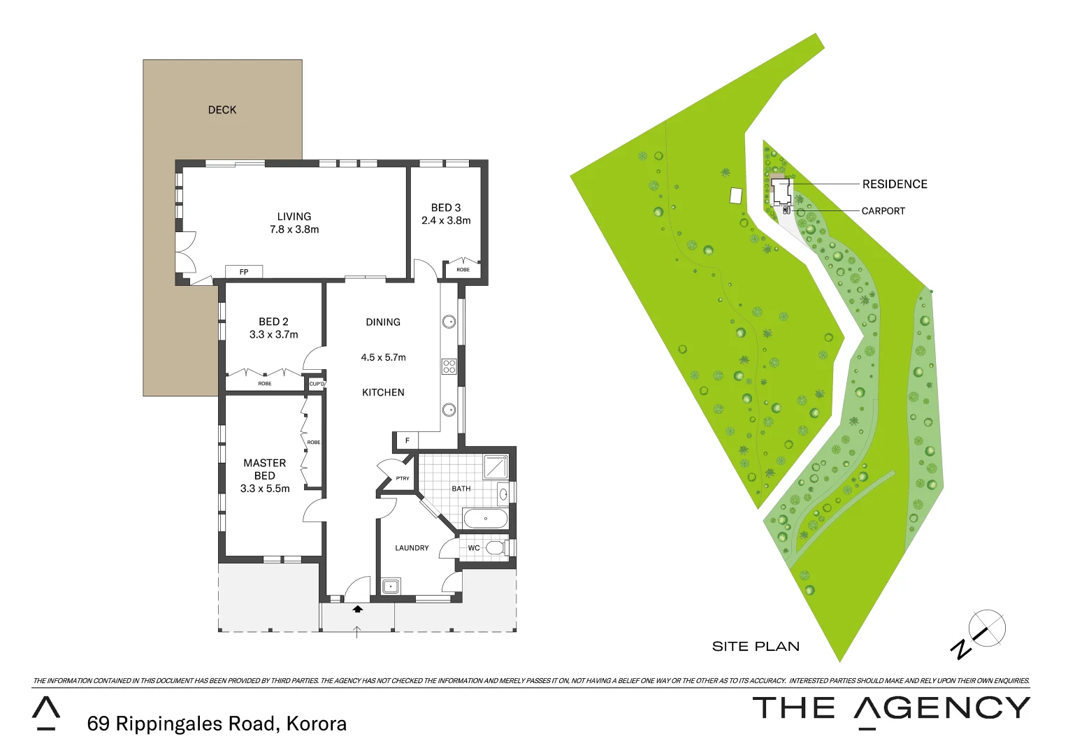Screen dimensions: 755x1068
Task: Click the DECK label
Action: pos(222,110)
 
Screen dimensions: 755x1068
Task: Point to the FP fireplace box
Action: pos(244,272)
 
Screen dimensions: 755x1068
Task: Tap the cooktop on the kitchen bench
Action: pos(449,366)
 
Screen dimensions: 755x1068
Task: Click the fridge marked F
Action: pos(407,440)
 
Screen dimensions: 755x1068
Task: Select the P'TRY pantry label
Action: pos(403,479)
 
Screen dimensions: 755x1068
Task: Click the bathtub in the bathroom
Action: pos(486,519)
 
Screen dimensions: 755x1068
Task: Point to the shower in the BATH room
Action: pos(496,466)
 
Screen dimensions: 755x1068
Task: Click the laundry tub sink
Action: pos(390,586)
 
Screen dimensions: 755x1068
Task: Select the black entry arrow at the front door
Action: pos(358,609)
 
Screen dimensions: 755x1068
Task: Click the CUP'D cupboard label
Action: pos(317,384)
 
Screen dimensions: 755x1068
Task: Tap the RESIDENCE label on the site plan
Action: pos(895,184)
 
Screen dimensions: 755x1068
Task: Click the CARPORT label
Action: pos(883,211)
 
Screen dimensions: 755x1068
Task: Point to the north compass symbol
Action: pos(987,628)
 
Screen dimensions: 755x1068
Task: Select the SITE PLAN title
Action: pos(756,647)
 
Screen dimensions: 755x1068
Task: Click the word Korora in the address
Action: pos(317,724)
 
